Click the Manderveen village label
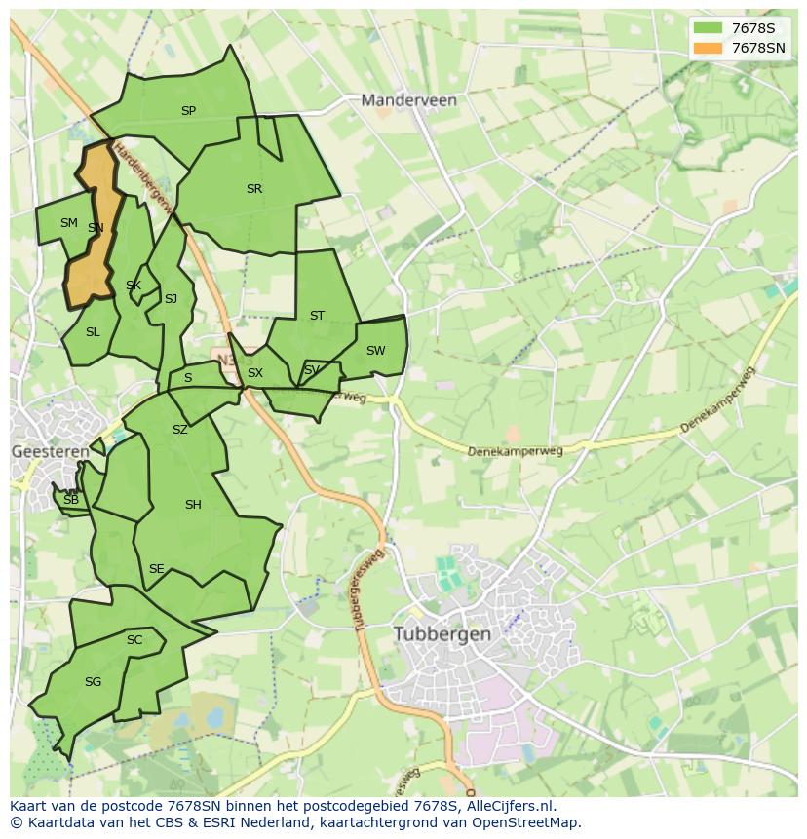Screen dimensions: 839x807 408,99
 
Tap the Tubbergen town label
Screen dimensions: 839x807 442,633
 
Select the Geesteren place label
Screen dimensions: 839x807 50,451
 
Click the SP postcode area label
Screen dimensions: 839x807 188,111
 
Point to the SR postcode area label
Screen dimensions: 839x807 254,189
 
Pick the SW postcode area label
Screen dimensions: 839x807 375,351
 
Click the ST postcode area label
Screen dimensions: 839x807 317,316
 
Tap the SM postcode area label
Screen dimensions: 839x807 68,223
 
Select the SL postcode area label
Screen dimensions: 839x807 93,332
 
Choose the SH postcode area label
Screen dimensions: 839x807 193,505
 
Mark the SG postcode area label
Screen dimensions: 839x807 93,682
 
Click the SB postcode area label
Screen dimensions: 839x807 70,500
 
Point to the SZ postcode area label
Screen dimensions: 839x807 180,430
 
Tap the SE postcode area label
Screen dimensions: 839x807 156,569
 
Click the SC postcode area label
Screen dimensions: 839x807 134,640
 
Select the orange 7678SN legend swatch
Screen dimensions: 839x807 708,48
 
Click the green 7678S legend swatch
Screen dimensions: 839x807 708,28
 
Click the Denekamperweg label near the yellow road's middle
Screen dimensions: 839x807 515,451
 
